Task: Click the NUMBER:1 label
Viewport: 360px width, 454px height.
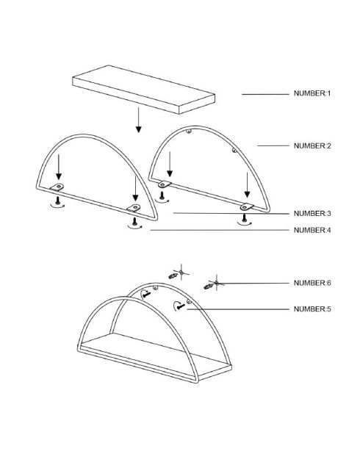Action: tap(312, 93)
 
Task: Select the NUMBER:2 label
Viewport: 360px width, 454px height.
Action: tap(312, 145)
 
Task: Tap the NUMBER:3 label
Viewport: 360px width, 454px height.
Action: tap(312, 213)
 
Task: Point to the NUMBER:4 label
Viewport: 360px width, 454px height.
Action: tap(312, 230)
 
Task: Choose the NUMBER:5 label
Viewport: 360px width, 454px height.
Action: tap(312, 309)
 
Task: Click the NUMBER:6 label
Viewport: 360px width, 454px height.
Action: tap(312, 283)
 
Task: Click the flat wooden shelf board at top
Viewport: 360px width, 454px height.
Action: tap(144, 90)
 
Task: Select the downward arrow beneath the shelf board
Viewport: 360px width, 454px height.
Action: tap(138, 120)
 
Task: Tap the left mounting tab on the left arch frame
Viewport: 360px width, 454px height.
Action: tap(57, 187)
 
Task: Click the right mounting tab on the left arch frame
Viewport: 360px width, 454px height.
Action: tap(134, 208)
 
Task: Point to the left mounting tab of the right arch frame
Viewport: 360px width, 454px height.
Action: tap(165, 184)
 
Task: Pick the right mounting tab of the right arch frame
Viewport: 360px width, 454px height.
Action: tap(247, 206)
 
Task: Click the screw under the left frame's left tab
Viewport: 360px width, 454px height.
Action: tap(57, 200)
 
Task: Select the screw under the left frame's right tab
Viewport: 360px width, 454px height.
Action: tap(134, 222)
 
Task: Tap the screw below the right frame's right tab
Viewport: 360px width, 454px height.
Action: tap(245, 218)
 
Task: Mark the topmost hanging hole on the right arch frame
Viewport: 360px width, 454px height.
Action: tap(189, 131)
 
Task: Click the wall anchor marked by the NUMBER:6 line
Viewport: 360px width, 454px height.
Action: tap(208, 287)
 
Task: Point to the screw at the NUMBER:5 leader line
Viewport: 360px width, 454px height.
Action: tap(181, 306)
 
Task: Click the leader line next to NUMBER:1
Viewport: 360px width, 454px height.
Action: tap(265, 94)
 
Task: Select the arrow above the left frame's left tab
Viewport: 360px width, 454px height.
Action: tap(59, 167)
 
